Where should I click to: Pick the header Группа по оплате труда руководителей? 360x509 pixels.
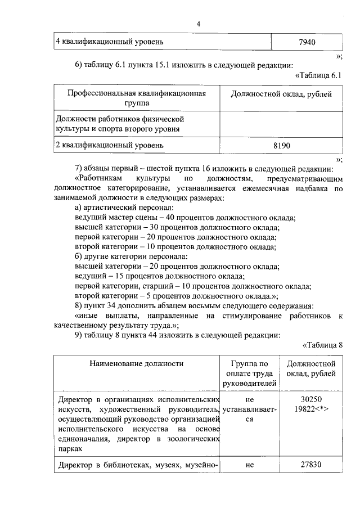250,373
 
